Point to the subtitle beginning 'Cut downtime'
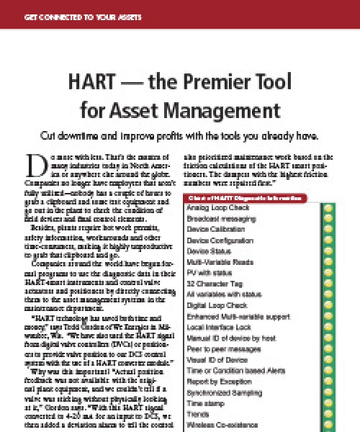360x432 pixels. [179, 135]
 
